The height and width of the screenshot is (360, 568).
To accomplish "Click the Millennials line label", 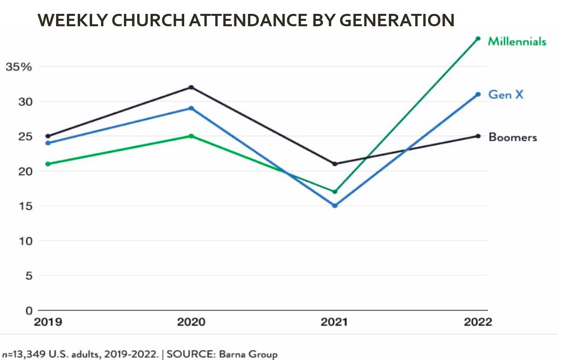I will click(x=517, y=41).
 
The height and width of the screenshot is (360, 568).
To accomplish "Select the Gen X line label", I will click(x=506, y=94).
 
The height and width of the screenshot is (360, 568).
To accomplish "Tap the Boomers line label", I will click(x=513, y=137).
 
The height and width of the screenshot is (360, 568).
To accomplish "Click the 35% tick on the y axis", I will click(x=19, y=67).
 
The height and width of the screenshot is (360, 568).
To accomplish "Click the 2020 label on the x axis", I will click(x=191, y=322).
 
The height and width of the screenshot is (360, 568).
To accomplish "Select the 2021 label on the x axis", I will click(x=334, y=322).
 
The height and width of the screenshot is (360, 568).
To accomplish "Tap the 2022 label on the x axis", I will click(x=478, y=322).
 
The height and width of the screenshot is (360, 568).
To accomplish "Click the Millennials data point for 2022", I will click(x=478, y=39).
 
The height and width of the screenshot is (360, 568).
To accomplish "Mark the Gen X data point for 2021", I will click(x=335, y=206).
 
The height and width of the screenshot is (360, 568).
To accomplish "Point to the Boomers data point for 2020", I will click(x=191, y=88).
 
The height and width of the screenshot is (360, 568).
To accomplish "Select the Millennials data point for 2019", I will click(x=48, y=164).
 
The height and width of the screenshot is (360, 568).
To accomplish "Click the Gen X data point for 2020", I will click(x=191, y=108).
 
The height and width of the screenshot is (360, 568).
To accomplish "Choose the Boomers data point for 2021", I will click(x=335, y=164).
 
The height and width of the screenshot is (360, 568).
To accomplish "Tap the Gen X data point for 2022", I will click(x=478, y=94).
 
